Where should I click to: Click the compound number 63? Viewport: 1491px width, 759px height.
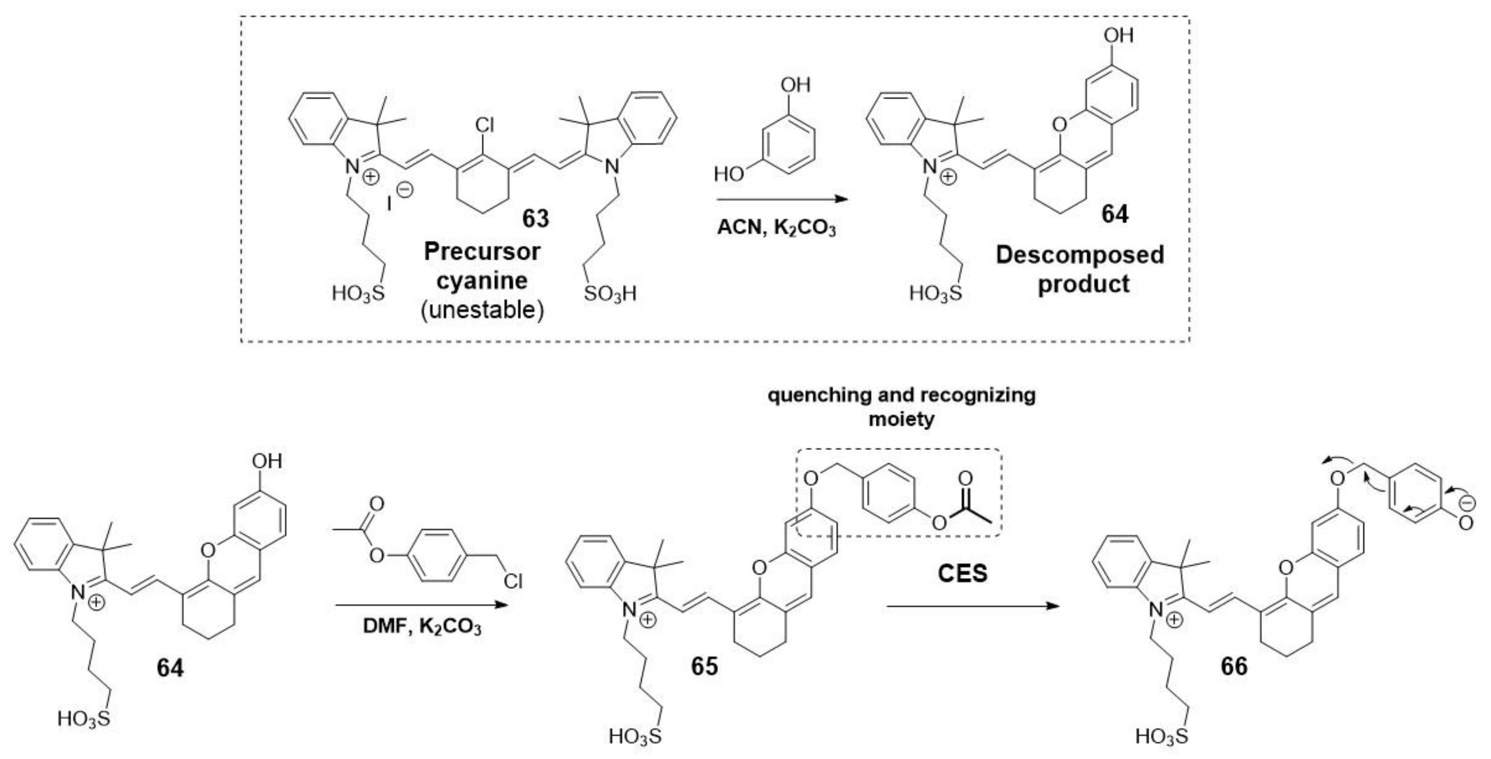point(536,219)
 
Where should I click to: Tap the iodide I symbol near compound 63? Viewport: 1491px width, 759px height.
point(390,201)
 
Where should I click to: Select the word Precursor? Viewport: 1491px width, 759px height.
point(482,252)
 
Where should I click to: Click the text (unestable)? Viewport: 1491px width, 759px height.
point(482,310)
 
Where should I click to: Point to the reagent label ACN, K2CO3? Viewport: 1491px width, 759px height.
point(776,228)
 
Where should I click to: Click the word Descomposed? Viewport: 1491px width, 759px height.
point(1079,255)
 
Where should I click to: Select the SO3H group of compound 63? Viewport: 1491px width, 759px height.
point(609,294)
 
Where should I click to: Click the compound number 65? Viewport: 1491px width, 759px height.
point(704,666)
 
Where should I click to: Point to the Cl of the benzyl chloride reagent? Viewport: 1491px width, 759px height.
point(513,581)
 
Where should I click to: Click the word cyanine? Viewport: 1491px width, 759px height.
point(482,281)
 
